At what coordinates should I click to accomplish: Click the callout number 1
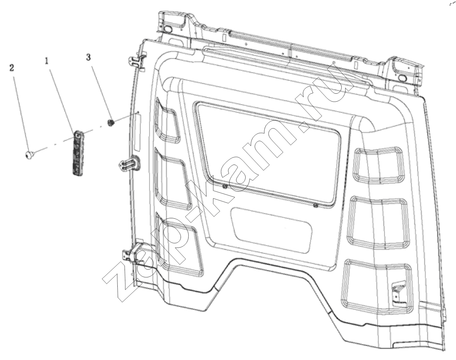tap(46, 61)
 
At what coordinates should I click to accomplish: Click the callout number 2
tap(12, 68)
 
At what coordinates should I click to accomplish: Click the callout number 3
tap(88, 57)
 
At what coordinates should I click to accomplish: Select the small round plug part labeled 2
tap(29, 154)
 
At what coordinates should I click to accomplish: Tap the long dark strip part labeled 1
tap(78, 153)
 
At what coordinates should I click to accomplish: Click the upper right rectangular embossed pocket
tap(379, 165)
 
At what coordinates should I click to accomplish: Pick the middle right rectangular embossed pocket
tap(379, 223)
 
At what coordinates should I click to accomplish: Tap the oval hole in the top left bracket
tap(168, 29)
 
